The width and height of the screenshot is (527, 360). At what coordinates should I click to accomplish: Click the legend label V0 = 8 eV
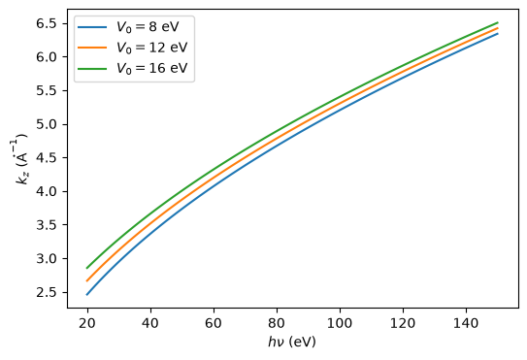[x=148, y=27]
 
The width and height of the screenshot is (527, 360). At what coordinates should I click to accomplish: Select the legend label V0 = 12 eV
[x=152, y=48]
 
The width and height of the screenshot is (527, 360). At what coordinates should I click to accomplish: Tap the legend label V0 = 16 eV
[x=152, y=68]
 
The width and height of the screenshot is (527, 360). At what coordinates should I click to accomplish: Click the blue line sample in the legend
[x=92, y=27]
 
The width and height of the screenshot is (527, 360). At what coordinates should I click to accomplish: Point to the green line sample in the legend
[x=92, y=68]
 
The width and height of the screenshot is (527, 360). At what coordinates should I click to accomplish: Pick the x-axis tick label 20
[x=87, y=323]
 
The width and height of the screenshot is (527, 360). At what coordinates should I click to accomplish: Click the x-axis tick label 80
[x=277, y=323]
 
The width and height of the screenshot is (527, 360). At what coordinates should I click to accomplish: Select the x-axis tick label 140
[x=466, y=323]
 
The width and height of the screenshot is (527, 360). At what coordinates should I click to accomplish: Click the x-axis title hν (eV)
[x=292, y=343]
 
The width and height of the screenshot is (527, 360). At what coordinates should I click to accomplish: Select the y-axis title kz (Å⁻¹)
[x=20, y=159]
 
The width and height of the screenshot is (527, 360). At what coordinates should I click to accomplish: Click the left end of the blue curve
[x=87, y=295]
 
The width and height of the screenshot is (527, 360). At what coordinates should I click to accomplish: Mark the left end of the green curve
[x=87, y=268]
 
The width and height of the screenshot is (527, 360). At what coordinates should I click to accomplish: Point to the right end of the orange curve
[x=498, y=28]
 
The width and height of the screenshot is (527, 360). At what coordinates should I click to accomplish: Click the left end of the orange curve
[x=87, y=281]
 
